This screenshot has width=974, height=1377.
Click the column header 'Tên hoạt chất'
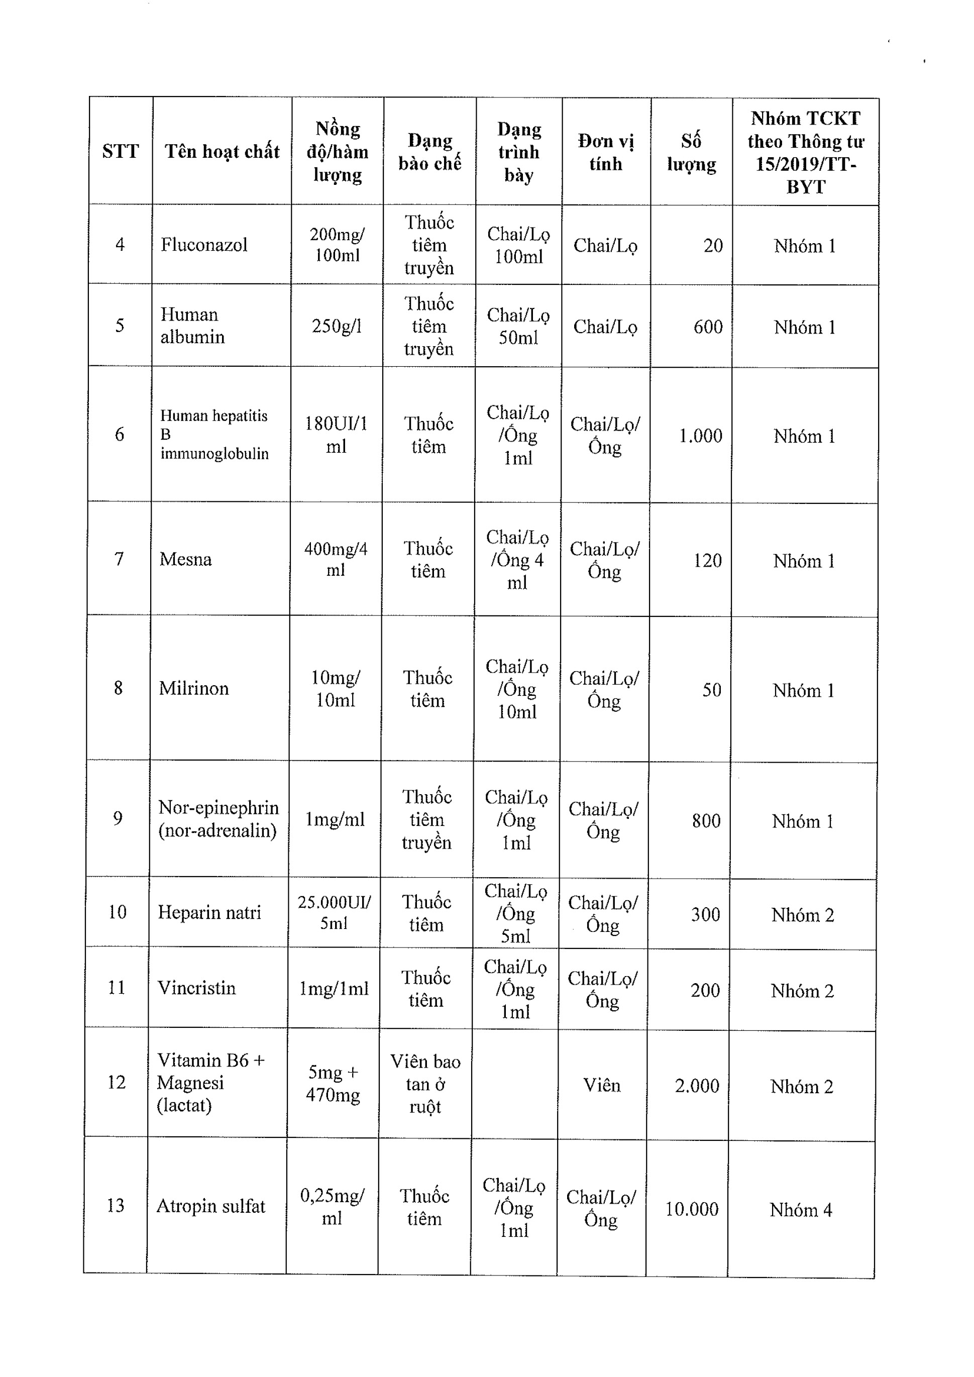pos(222,151)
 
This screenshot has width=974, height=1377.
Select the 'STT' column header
pos(120,151)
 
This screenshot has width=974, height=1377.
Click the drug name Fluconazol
pos(204,245)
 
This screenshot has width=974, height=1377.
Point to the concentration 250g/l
pos(337,326)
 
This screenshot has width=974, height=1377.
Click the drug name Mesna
pos(185,560)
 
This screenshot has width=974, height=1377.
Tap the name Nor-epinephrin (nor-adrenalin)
pos(219,819)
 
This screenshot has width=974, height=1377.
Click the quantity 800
pos(706,820)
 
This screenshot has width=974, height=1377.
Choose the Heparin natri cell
pos(209,912)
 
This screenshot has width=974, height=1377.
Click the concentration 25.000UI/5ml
pos(334,912)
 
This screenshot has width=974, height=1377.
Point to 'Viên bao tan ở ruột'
pos(425,1084)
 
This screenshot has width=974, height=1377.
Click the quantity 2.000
pos(696,1086)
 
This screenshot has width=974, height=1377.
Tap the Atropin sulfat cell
pos(210,1206)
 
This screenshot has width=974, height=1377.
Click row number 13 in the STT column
pos(115,1205)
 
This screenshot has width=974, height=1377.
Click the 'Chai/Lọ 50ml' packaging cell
pos(518,326)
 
